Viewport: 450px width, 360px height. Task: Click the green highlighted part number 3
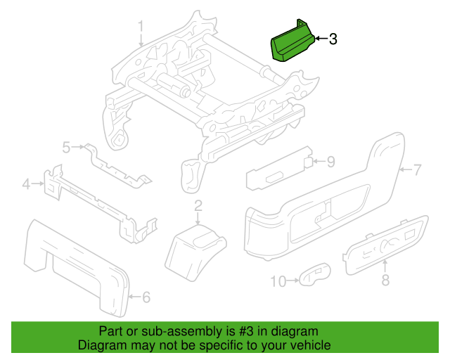point(290,44)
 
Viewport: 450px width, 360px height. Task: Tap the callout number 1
point(140,27)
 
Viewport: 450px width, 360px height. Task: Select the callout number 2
point(198,206)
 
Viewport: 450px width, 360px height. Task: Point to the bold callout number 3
point(333,39)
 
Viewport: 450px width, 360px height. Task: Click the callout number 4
point(27,185)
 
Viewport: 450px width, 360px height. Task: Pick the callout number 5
point(67,147)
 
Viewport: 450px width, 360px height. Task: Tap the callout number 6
point(146,297)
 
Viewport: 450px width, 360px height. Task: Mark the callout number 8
point(385,281)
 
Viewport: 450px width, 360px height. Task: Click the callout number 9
point(330,162)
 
